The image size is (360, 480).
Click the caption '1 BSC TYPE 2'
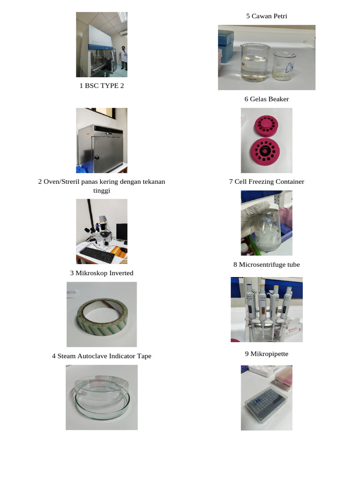coord(102,86)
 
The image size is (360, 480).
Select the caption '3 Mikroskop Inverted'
coord(102,273)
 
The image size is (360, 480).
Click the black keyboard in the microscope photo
coord(97,255)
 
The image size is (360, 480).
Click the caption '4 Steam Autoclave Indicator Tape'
coord(102,356)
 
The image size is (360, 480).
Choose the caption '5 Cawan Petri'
coord(266,16)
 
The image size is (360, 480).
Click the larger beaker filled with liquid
coord(255,61)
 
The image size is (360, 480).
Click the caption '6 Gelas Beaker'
coord(266,99)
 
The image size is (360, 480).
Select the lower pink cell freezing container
coord(266,151)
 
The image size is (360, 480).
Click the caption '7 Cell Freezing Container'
coord(266,181)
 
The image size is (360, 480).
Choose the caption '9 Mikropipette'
coord(266,353)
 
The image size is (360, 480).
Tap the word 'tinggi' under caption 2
coord(102,191)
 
